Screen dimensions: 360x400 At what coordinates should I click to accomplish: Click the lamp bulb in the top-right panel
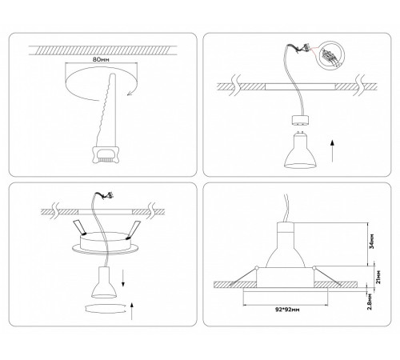tap(298, 152)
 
